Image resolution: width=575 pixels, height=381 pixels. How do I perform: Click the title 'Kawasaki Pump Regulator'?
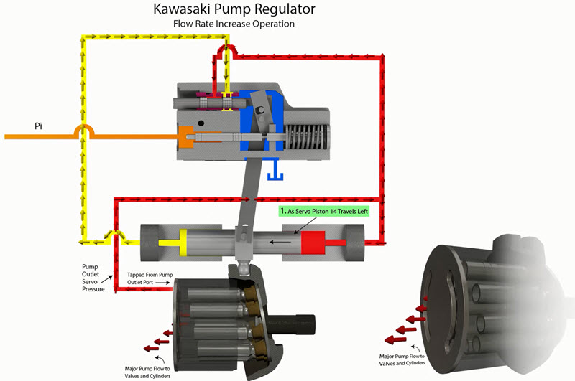tap(234, 10)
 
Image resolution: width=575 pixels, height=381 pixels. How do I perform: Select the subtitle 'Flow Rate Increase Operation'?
tap(234, 24)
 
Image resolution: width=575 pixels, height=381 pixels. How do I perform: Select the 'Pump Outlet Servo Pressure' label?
tap(93, 276)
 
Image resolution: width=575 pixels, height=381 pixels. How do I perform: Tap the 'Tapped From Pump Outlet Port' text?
tap(149, 278)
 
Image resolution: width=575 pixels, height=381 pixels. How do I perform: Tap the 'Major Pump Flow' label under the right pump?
tap(408, 359)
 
